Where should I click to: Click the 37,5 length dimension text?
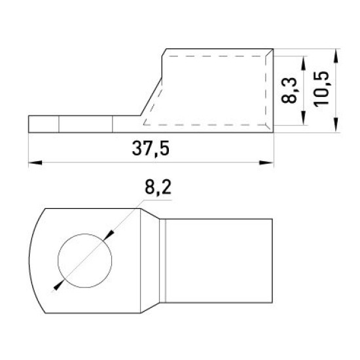click(x=151, y=149)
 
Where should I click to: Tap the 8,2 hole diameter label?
click(x=158, y=188)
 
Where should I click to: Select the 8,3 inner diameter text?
click(x=289, y=90)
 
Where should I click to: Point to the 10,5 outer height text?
click(x=321, y=88)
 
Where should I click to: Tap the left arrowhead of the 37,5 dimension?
click(x=35, y=163)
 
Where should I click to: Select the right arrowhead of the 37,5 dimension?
click(x=266, y=163)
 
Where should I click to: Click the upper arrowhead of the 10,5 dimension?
click(x=336, y=56)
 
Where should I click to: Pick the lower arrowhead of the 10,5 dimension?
click(x=336, y=125)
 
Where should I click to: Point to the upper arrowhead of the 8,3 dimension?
click(x=304, y=63)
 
